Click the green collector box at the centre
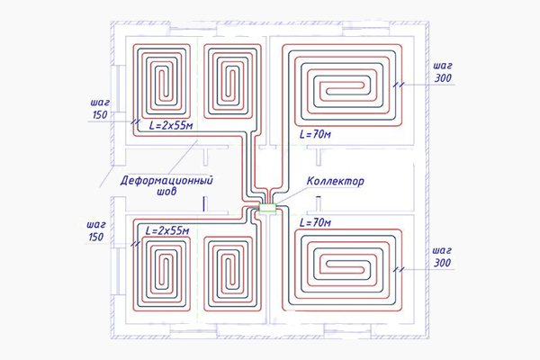(267, 208)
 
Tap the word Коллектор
(335, 181)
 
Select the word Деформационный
(166, 180)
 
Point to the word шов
(166, 191)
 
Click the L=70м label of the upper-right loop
(315, 134)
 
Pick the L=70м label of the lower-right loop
(315, 222)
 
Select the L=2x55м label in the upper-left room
(171, 125)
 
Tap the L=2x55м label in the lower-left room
(167, 230)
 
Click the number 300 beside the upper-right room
(443, 78)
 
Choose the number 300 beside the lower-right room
(442, 263)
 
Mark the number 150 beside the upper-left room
(100, 114)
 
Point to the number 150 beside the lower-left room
(96, 237)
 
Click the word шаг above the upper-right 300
(443, 66)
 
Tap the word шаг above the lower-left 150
(96, 225)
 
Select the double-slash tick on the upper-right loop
(399, 85)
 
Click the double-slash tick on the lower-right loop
(399, 270)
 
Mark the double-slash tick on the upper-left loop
(136, 122)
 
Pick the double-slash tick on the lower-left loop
(136, 244)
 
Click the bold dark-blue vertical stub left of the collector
(204, 203)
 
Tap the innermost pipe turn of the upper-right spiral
(327, 92)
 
